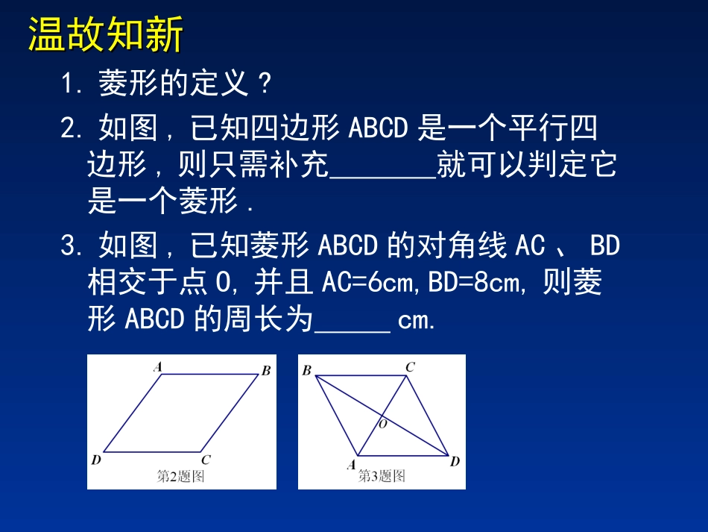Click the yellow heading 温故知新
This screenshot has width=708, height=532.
tap(105, 37)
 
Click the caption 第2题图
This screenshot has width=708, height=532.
tap(180, 477)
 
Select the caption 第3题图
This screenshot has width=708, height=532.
tap(382, 475)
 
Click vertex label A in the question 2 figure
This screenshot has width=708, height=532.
tap(158, 366)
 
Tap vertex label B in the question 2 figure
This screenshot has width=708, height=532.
tap(265, 371)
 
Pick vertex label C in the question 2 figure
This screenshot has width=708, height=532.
tap(206, 460)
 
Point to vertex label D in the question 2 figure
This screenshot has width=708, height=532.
tap(96, 460)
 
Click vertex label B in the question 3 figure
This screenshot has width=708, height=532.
tap(306, 370)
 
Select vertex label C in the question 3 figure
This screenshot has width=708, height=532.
tap(410, 366)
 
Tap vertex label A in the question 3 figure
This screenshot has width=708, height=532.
tap(351, 465)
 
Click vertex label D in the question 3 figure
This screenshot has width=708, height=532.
tap(455, 462)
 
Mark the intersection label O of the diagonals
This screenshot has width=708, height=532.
tap(383, 424)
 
